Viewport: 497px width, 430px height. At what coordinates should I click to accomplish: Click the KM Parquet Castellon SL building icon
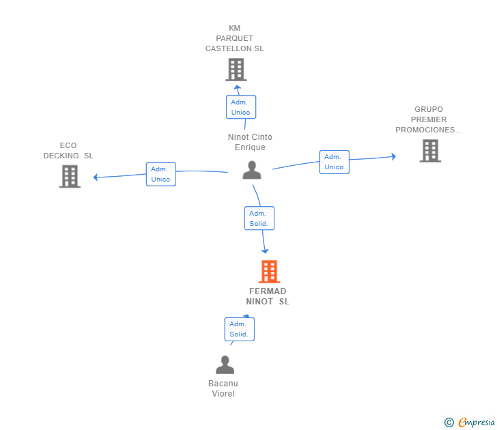pos(236,70)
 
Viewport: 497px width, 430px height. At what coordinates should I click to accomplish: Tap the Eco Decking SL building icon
pos(70,177)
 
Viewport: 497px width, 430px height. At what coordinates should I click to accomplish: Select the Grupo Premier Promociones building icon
pos(430,151)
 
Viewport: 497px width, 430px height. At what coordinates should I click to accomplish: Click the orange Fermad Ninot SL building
pos(269,272)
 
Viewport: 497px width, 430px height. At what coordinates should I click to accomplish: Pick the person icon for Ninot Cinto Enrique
pos(252,170)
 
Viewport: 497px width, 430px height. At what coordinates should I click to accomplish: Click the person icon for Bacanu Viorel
pos(225,364)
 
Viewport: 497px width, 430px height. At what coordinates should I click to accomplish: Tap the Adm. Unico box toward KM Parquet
pos(241,107)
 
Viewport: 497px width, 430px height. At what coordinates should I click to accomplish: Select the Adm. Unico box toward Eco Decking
pos(161,174)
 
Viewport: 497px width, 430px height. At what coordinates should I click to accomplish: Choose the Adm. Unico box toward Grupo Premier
pos(334,162)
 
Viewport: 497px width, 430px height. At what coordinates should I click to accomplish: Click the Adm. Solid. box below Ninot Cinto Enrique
pos(259,218)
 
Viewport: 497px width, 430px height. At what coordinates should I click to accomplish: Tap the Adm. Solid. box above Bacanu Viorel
pos(240,329)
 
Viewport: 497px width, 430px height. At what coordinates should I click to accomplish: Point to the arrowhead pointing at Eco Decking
pos(95,177)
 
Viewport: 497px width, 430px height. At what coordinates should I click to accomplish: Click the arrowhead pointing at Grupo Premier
pos(394,156)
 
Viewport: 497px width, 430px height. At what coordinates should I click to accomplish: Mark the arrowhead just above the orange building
pos(265,251)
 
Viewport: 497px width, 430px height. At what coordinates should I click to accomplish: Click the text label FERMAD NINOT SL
pos(268,296)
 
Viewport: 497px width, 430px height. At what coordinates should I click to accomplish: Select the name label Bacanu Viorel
pos(223,388)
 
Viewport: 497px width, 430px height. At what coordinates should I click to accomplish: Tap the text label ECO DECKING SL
pos(68,151)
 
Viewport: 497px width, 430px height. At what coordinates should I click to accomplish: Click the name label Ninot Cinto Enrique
pos(250,142)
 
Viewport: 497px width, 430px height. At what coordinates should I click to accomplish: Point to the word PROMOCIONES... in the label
pos(429,130)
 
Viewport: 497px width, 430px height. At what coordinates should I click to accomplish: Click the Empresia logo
pos(470,422)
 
